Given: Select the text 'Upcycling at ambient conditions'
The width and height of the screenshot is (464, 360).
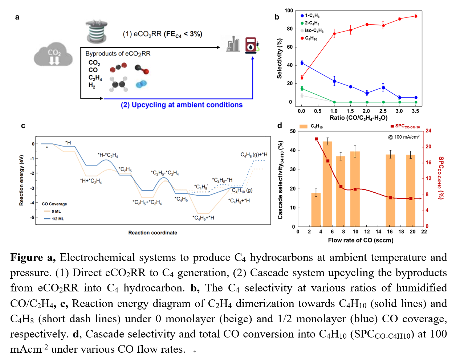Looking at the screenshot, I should [x=187, y=105].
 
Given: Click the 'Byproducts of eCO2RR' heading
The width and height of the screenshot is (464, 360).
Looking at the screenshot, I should [x=118, y=54].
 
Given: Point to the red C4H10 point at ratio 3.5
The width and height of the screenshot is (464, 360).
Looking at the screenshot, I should [x=416, y=16].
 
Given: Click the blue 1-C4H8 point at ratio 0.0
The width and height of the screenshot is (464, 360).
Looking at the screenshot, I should [x=302, y=63].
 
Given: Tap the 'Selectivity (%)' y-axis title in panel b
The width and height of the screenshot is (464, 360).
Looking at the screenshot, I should [x=279, y=58].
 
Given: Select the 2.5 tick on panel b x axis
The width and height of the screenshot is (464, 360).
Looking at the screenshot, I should [x=383, y=111].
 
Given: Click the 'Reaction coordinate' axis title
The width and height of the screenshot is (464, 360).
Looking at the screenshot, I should [x=152, y=233].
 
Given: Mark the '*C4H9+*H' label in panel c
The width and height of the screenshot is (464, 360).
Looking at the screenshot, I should [x=203, y=218].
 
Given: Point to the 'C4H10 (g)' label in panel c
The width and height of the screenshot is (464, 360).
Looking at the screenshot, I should [x=242, y=191].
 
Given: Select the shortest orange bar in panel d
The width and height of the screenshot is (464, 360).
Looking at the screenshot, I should [x=316, y=210].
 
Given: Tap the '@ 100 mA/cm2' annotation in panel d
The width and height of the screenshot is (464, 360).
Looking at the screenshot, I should [x=404, y=137].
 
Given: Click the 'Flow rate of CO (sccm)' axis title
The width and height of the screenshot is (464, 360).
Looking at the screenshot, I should [x=361, y=240].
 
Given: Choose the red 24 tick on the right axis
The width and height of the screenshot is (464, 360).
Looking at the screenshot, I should [x=428, y=131].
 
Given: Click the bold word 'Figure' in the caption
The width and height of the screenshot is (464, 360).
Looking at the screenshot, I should [x=27, y=258].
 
